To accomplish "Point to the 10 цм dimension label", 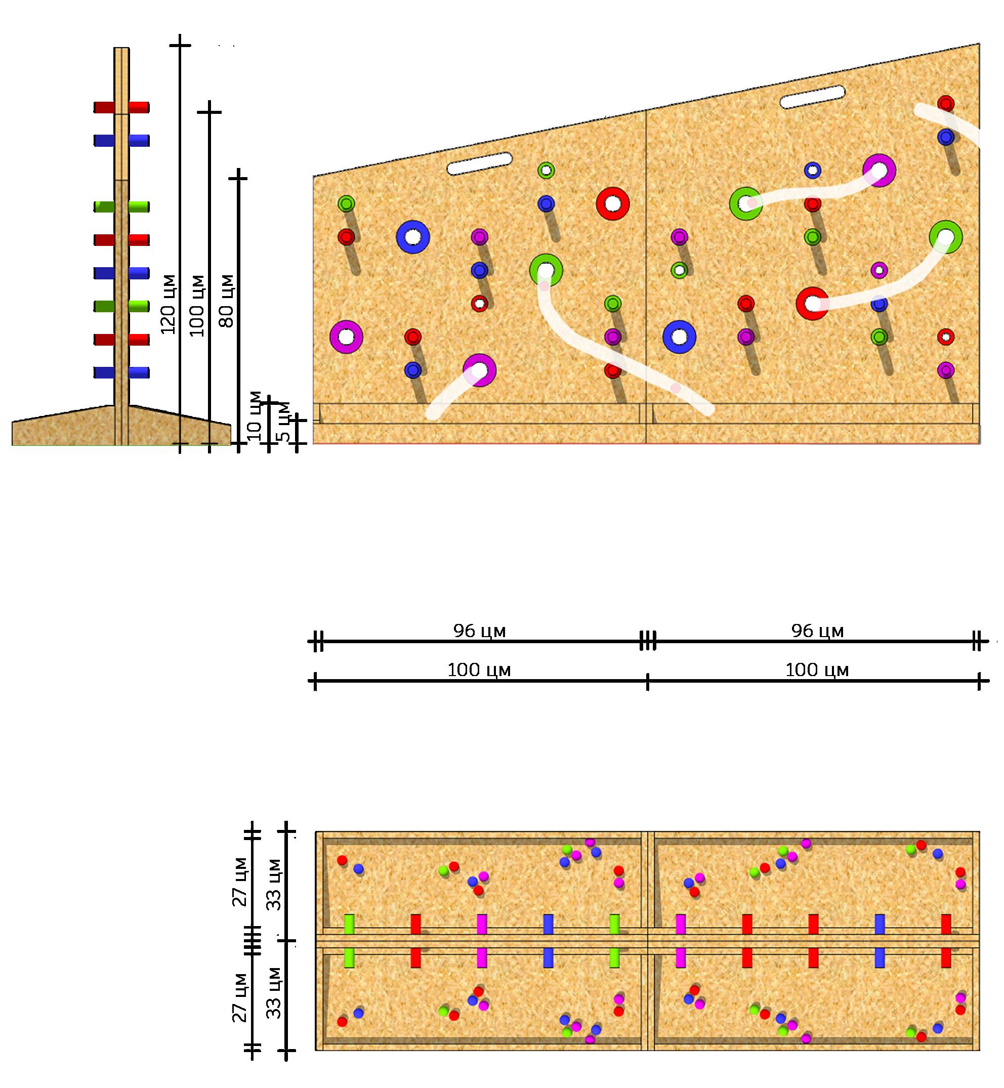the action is point(254,415).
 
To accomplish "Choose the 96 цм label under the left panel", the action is point(479,631).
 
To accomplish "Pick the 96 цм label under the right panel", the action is point(817,631).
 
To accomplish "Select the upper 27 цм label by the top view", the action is point(241,882).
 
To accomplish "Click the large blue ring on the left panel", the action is point(413,237).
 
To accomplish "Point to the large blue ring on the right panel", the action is point(679,337).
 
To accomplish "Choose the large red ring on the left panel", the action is point(613,204).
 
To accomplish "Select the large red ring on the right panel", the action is point(812,303).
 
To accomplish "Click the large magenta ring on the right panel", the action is point(879,171).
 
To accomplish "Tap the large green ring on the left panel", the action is point(546,270).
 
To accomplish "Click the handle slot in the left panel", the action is point(479,163).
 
